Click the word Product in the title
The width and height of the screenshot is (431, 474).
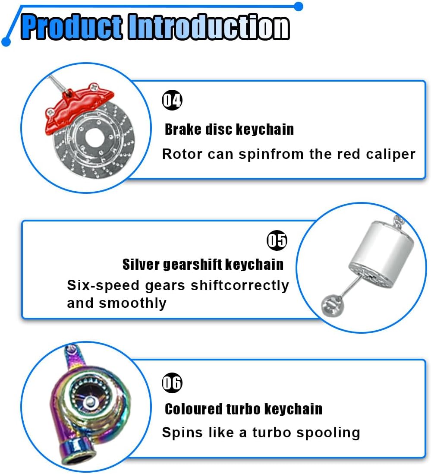tap(72, 27)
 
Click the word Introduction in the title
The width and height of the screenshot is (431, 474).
tap(208, 27)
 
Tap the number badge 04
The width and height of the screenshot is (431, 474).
tap(172, 100)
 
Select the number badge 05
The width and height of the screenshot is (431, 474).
tap(277, 240)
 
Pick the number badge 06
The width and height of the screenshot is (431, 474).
tap(172, 383)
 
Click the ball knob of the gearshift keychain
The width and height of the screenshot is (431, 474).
tap(332, 306)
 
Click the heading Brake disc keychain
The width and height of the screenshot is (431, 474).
tap(229, 130)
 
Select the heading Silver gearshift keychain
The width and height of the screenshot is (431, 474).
tap(203, 265)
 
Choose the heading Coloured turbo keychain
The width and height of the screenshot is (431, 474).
tap(243, 409)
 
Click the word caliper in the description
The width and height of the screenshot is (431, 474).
tap(390, 155)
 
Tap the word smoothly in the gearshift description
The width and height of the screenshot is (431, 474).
tap(132, 303)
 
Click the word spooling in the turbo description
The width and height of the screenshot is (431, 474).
tap(328, 433)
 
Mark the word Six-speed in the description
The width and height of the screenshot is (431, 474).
tap(103, 286)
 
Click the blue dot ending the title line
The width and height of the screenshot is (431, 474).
tap(299, 6)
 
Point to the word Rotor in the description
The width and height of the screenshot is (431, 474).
tap(182, 154)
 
